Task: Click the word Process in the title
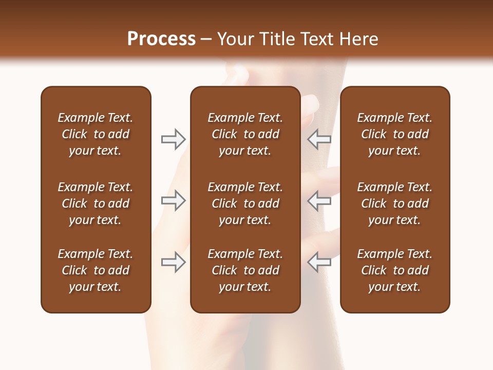pos(161,39)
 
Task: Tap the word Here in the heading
pos(358,39)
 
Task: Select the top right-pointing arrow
pos(173,139)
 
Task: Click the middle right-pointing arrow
pos(173,200)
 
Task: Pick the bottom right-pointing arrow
pos(173,262)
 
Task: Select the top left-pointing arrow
pos(319,139)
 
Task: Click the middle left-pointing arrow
pos(319,200)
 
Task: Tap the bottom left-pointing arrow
pos(319,262)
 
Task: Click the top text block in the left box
pos(96,134)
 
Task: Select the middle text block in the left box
pos(96,203)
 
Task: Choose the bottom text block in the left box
pos(96,270)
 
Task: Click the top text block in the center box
pos(245,134)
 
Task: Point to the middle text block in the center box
pos(245,203)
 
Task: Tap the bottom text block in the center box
pos(245,270)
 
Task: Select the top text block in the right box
pos(394,134)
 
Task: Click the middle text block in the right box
pos(394,203)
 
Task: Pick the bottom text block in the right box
pos(394,270)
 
